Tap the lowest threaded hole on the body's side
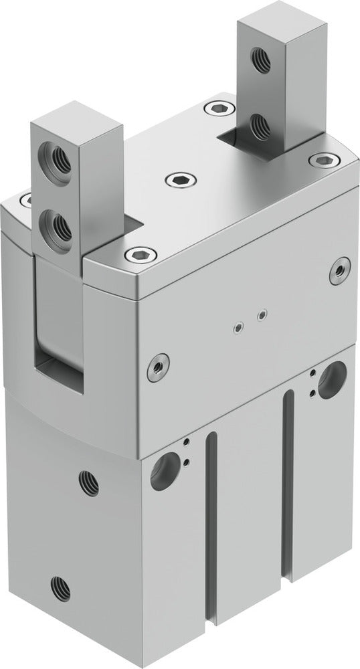coord(60,587)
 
